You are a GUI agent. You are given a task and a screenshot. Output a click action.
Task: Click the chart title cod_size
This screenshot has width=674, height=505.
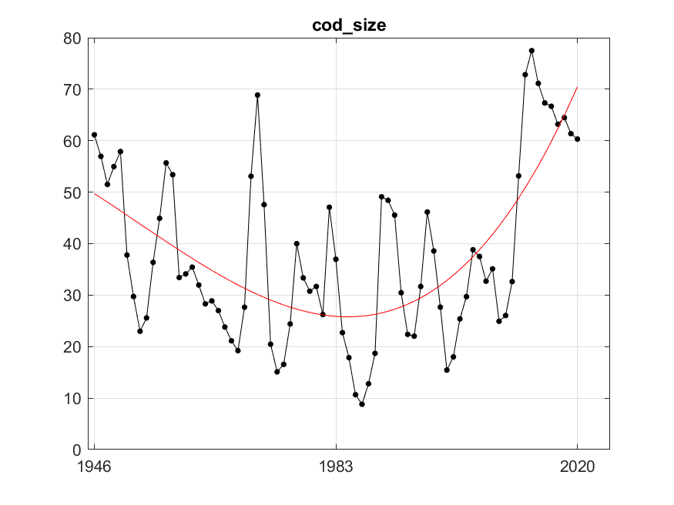click(349, 25)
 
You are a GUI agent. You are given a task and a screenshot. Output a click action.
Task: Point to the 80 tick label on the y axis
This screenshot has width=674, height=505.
click(74, 38)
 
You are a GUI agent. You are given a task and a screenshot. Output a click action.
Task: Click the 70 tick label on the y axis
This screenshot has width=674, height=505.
click(74, 89)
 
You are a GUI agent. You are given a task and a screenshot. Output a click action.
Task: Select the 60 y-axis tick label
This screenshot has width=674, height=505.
click(74, 141)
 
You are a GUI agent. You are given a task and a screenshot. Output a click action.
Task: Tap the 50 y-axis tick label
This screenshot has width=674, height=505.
click(74, 192)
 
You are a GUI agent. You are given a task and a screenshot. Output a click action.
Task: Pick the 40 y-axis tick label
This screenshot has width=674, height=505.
click(74, 244)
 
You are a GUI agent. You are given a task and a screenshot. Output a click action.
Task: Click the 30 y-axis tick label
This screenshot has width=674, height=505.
click(74, 296)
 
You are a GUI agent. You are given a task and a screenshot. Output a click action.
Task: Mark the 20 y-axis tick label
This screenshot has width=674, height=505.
click(74, 347)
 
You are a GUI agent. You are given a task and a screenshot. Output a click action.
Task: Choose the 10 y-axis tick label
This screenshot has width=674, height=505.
click(74, 399)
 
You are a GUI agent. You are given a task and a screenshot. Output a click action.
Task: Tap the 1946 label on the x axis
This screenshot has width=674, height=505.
click(94, 467)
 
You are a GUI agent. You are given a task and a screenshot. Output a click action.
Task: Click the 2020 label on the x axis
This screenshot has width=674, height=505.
click(577, 467)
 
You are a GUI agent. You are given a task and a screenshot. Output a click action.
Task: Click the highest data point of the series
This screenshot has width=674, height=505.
click(531, 51)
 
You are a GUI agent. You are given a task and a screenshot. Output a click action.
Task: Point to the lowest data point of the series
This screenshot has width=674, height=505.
click(362, 404)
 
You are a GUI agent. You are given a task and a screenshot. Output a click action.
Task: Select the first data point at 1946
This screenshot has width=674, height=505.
click(94, 135)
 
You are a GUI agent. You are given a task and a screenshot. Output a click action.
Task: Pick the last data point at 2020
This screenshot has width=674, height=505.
click(577, 139)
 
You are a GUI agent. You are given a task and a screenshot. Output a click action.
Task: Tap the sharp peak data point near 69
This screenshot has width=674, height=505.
click(257, 95)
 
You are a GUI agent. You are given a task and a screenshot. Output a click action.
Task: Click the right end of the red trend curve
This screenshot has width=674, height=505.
click(577, 87)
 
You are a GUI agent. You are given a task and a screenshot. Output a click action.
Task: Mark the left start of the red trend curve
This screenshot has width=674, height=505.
click(94, 193)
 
